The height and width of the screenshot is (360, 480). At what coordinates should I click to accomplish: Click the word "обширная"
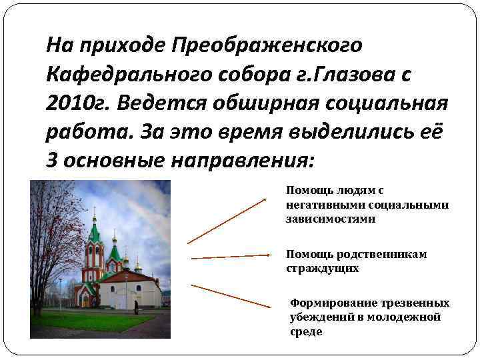point(251,103)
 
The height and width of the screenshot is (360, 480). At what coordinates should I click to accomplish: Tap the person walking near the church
point(136,306)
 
